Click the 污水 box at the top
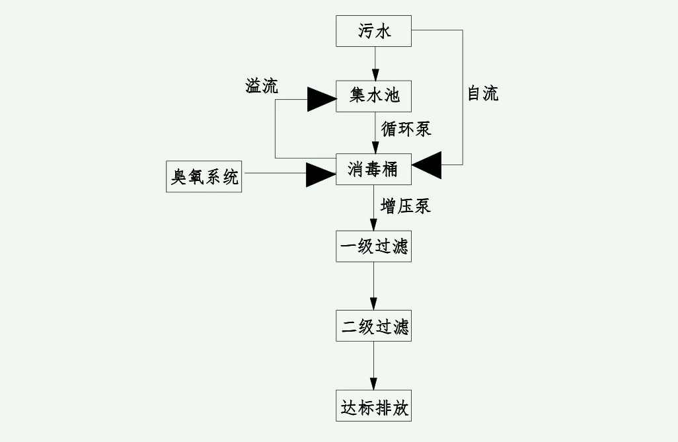pyautogui.click(x=373, y=31)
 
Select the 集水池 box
pyautogui.click(x=373, y=96)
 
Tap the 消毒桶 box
pyautogui.click(x=373, y=170)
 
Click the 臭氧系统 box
pyautogui.click(x=204, y=176)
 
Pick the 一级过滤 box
pyautogui.click(x=373, y=246)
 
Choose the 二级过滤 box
pyautogui.click(x=373, y=326)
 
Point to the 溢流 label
pyautogui.click(x=262, y=86)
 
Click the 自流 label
pyautogui.click(x=482, y=94)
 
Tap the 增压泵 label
pyautogui.click(x=405, y=206)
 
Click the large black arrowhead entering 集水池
pyautogui.click(x=321, y=98)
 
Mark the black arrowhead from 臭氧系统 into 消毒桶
pyautogui.click(x=321, y=174)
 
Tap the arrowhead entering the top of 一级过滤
pyautogui.click(x=373, y=225)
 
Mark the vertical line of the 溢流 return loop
pyautogui.click(x=275, y=129)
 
